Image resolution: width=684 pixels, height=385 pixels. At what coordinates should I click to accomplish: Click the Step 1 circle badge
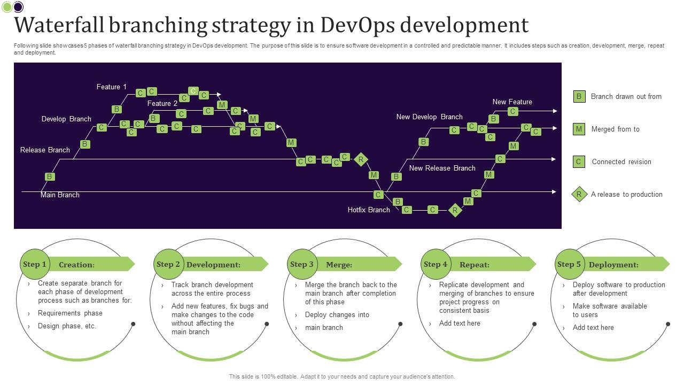click(x=35, y=264)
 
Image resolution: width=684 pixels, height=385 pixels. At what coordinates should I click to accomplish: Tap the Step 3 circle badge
click(x=302, y=264)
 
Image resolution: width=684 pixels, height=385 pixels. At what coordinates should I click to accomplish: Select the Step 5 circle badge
click(x=569, y=264)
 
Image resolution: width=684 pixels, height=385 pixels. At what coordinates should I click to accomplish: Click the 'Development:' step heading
click(x=213, y=265)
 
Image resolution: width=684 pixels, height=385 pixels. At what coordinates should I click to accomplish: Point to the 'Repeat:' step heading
click(x=475, y=265)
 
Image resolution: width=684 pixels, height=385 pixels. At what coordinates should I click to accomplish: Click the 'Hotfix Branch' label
click(x=369, y=210)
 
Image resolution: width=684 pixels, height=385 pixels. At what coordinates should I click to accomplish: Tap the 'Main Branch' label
click(x=60, y=195)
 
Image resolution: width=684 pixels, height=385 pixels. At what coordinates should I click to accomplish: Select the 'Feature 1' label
click(x=112, y=87)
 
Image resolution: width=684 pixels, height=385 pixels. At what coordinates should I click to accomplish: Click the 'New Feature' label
click(x=512, y=102)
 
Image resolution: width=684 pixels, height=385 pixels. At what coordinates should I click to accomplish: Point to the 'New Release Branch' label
click(x=442, y=168)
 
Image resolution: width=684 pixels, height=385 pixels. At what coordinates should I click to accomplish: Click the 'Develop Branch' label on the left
click(x=66, y=119)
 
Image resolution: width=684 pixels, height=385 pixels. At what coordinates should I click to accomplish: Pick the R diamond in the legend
click(x=579, y=195)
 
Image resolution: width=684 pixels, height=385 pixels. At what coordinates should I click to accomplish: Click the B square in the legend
click(x=579, y=97)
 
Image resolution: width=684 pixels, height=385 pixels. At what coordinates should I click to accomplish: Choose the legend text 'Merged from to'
click(x=615, y=129)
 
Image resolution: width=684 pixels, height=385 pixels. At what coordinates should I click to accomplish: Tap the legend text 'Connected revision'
click(x=621, y=162)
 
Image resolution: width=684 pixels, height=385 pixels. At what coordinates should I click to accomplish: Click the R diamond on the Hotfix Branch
click(x=455, y=210)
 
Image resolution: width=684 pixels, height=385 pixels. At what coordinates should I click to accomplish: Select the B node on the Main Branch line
click(x=50, y=176)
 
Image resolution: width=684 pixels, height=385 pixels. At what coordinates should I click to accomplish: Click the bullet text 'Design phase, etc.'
click(x=67, y=326)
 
